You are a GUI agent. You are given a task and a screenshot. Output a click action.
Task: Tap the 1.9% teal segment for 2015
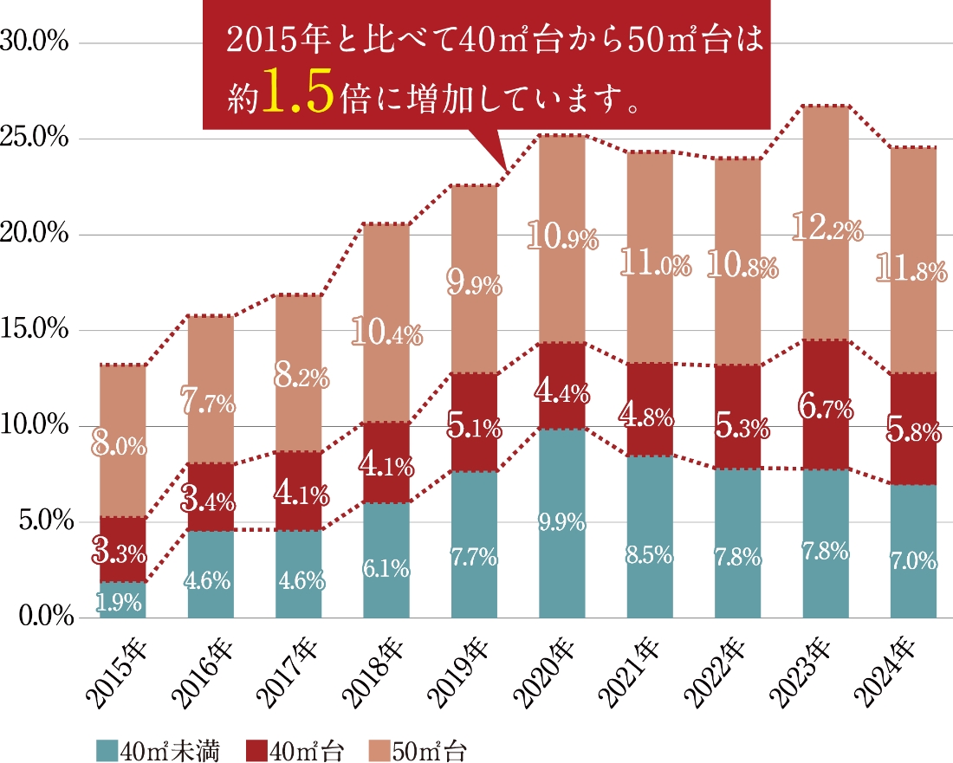pyautogui.click(x=122, y=600)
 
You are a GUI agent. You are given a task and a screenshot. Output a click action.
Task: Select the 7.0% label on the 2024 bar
pyautogui.click(x=913, y=563)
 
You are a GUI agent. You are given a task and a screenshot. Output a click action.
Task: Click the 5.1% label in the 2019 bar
pyautogui.click(x=474, y=426)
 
